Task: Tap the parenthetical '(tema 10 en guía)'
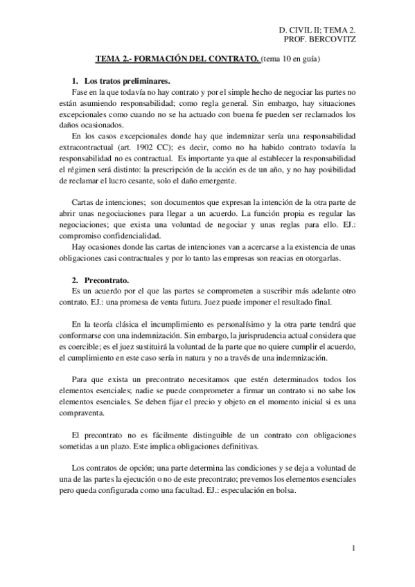coord(291,61)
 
